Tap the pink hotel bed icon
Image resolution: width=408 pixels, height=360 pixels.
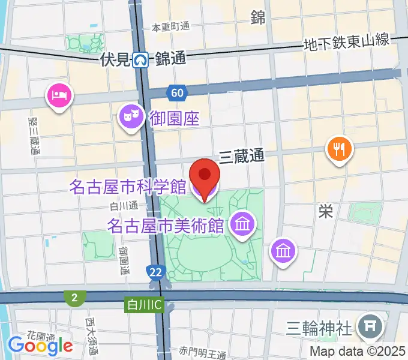59,95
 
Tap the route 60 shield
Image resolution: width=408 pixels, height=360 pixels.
176,92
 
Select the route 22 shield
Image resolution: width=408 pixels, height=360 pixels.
156,272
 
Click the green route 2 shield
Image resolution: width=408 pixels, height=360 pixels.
75,297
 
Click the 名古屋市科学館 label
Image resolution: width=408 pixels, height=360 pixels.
127,187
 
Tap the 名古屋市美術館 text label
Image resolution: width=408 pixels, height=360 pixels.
166,226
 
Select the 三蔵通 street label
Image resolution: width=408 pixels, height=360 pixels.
241,157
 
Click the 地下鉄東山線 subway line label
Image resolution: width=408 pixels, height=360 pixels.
347,42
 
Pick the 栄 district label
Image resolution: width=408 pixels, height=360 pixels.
326,211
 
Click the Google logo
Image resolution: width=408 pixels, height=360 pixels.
40,345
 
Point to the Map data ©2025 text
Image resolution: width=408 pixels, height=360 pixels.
358,351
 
